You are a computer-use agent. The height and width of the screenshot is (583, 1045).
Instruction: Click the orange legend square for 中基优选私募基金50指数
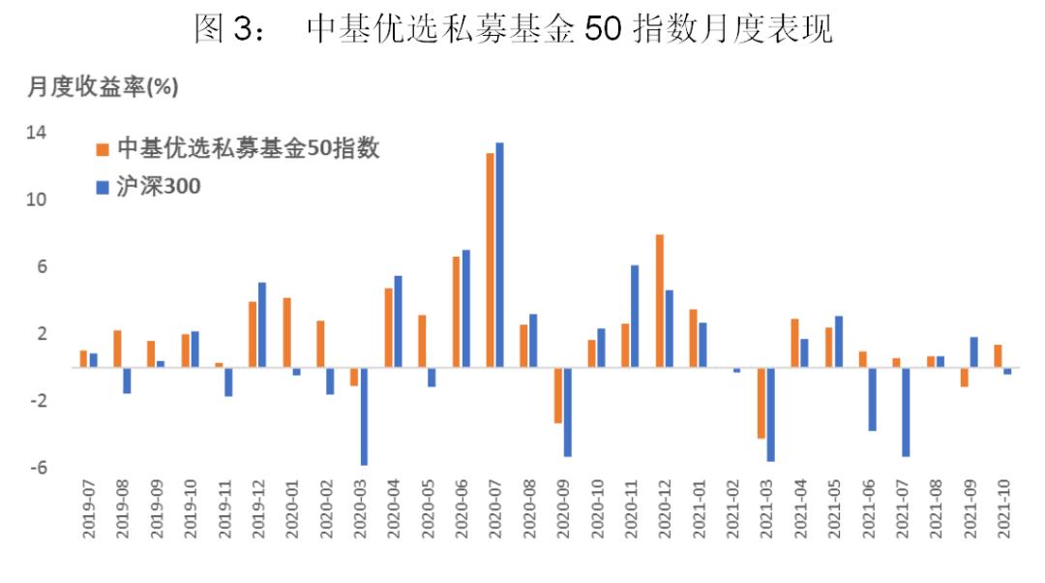tap(101, 149)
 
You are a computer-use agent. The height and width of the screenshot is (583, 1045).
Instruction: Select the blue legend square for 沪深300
tap(101, 186)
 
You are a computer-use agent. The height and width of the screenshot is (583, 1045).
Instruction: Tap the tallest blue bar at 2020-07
tap(499, 256)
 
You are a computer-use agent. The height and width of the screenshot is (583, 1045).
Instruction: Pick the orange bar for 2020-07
tap(490, 261)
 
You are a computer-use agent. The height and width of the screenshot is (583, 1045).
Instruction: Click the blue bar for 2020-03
tap(364, 416)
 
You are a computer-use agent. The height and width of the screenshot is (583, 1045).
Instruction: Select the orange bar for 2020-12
tap(659, 301)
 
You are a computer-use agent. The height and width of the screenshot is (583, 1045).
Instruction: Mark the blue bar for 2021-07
tap(907, 412)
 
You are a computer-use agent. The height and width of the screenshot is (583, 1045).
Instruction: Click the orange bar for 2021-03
tap(761, 403)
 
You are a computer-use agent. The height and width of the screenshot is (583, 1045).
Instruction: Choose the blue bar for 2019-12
tap(262, 324)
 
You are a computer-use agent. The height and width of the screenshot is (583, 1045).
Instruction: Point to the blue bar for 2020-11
tap(635, 316)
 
